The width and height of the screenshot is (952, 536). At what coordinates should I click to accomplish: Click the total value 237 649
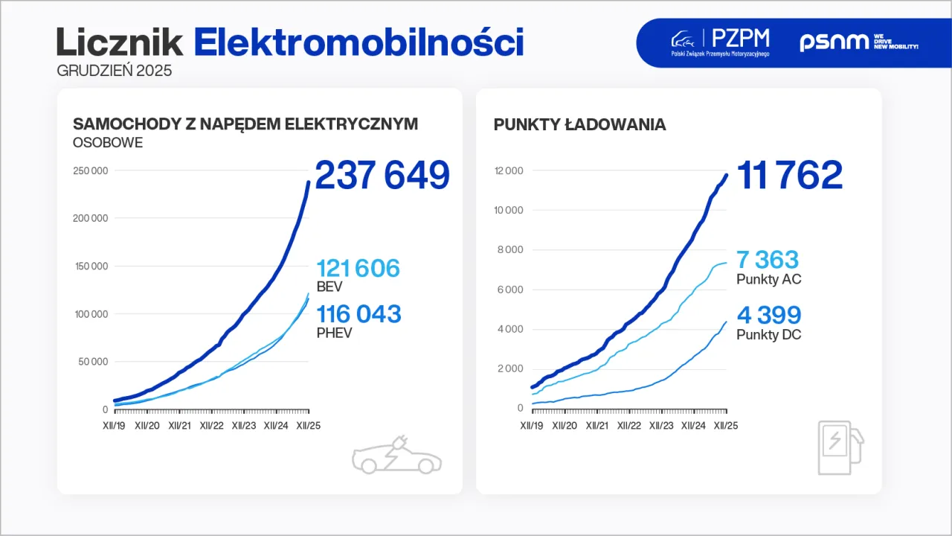point(382,176)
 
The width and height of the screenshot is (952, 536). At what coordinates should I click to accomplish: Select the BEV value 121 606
point(358,269)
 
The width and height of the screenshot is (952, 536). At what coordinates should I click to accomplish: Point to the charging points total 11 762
point(789,176)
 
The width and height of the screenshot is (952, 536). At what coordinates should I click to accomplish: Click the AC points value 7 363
point(768,260)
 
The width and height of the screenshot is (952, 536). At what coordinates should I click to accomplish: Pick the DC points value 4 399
point(769,315)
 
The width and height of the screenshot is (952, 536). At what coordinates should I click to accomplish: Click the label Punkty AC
point(768,280)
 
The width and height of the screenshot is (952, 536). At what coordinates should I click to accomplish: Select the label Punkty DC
point(768,335)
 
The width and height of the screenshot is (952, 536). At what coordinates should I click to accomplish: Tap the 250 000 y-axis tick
point(90,170)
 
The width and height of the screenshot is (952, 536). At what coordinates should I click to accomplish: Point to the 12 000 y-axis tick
point(508,170)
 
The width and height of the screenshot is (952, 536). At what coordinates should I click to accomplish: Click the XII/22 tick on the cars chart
point(211,426)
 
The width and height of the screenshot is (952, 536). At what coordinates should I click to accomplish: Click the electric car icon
point(396,456)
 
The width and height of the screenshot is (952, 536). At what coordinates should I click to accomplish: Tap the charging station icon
point(840,447)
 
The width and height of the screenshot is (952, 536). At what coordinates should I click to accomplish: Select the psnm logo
point(858,42)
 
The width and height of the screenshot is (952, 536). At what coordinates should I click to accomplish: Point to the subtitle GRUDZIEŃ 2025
point(115,71)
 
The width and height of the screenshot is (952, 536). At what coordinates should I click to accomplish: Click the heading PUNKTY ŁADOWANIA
point(579,124)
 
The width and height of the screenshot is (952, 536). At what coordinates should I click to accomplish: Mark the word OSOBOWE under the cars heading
point(107,142)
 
